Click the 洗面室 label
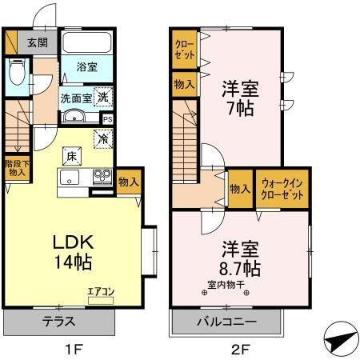tap(77, 98)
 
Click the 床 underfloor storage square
tap(71, 153)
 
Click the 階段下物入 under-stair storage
tap(17, 168)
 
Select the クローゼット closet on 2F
tap(182, 50)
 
